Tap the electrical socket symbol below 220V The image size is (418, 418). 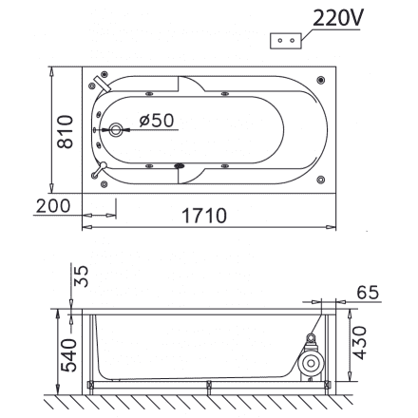285,41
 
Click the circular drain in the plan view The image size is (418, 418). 118,131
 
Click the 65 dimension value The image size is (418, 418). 372,291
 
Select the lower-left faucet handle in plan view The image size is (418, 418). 100,172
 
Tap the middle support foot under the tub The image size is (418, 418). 208,386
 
